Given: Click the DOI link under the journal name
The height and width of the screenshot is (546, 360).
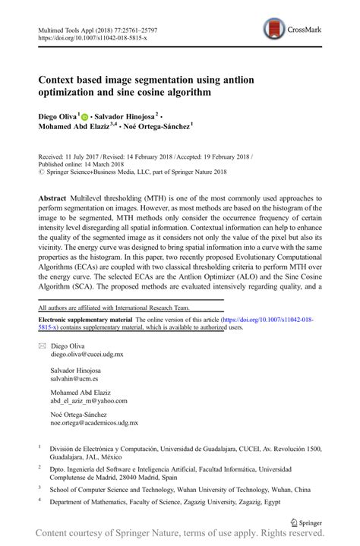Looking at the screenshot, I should pos(88,36).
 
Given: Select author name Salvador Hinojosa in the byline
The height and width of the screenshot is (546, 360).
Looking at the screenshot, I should pos(125,117).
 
